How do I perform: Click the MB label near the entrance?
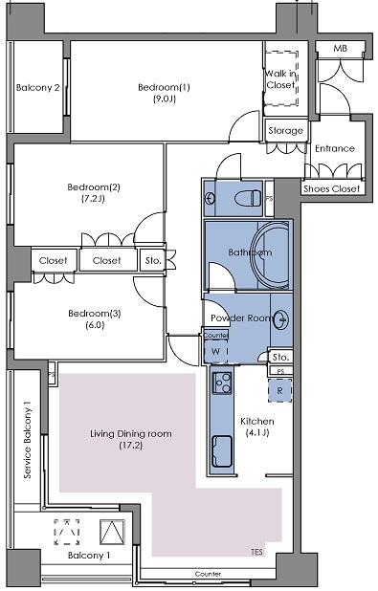click(x=340, y=49)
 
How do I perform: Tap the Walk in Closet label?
click(x=280, y=79)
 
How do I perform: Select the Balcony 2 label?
click(x=38, y=89)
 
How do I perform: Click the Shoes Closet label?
click(x=331, y=188)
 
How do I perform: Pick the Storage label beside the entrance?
click(x=285, y=131)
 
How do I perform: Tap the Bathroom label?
click(x=250, y=252)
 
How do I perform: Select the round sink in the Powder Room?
click(x=282, y=319)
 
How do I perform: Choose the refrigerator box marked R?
click(x=279, y=389)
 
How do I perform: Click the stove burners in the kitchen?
click(x=223, y=384)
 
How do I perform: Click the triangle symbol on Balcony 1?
click(x=113, y=531)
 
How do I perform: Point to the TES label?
click(x=256, y=552)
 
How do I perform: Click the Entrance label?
click(x=334, y=148)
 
